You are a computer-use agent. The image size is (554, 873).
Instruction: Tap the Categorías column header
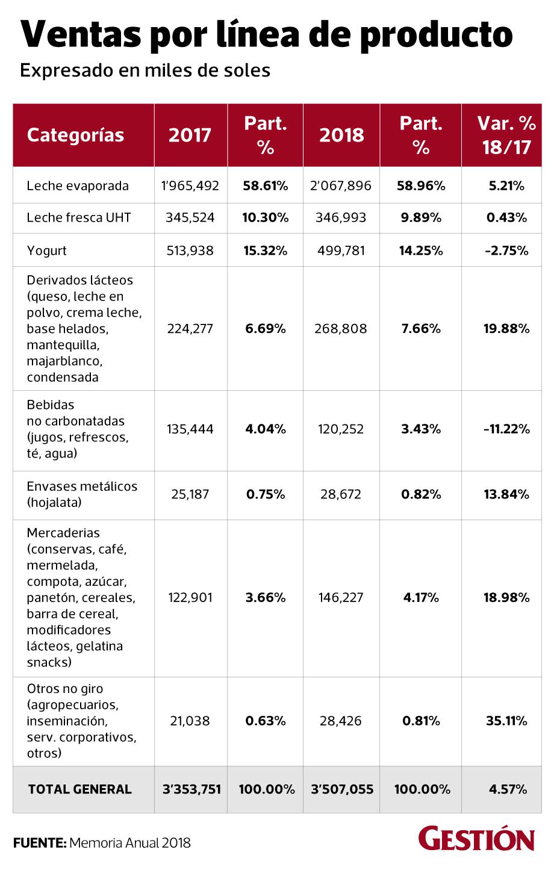coord(75,135)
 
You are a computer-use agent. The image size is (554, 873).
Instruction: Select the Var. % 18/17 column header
coord(506,135)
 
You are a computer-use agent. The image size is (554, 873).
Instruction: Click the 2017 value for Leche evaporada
coord(190,185)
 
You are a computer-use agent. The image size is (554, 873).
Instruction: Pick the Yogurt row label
coord(47,250)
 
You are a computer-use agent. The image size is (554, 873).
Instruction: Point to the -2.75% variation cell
coord(506,250)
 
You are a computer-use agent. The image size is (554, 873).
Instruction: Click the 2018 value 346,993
coord(341,217)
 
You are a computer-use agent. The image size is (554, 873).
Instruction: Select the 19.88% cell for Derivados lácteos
coord(506,329)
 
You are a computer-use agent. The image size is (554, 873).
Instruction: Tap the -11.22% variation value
coord(506,429)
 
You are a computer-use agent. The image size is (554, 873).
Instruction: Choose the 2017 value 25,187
coord(190,494)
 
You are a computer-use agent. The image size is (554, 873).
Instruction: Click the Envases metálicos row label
coord(82,494)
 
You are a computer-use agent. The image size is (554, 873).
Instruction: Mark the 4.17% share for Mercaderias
coord(420,598)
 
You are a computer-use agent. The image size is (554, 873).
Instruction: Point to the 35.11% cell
coord(506,721)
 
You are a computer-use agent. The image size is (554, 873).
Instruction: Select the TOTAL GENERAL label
coord(79,789)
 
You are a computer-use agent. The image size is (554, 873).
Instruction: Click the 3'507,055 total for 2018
coord(341,789)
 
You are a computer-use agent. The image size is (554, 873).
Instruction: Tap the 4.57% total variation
coord(508,789)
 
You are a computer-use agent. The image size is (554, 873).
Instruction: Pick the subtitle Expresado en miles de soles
coord(145,70)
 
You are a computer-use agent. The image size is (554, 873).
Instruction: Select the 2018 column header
coord(341,135)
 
